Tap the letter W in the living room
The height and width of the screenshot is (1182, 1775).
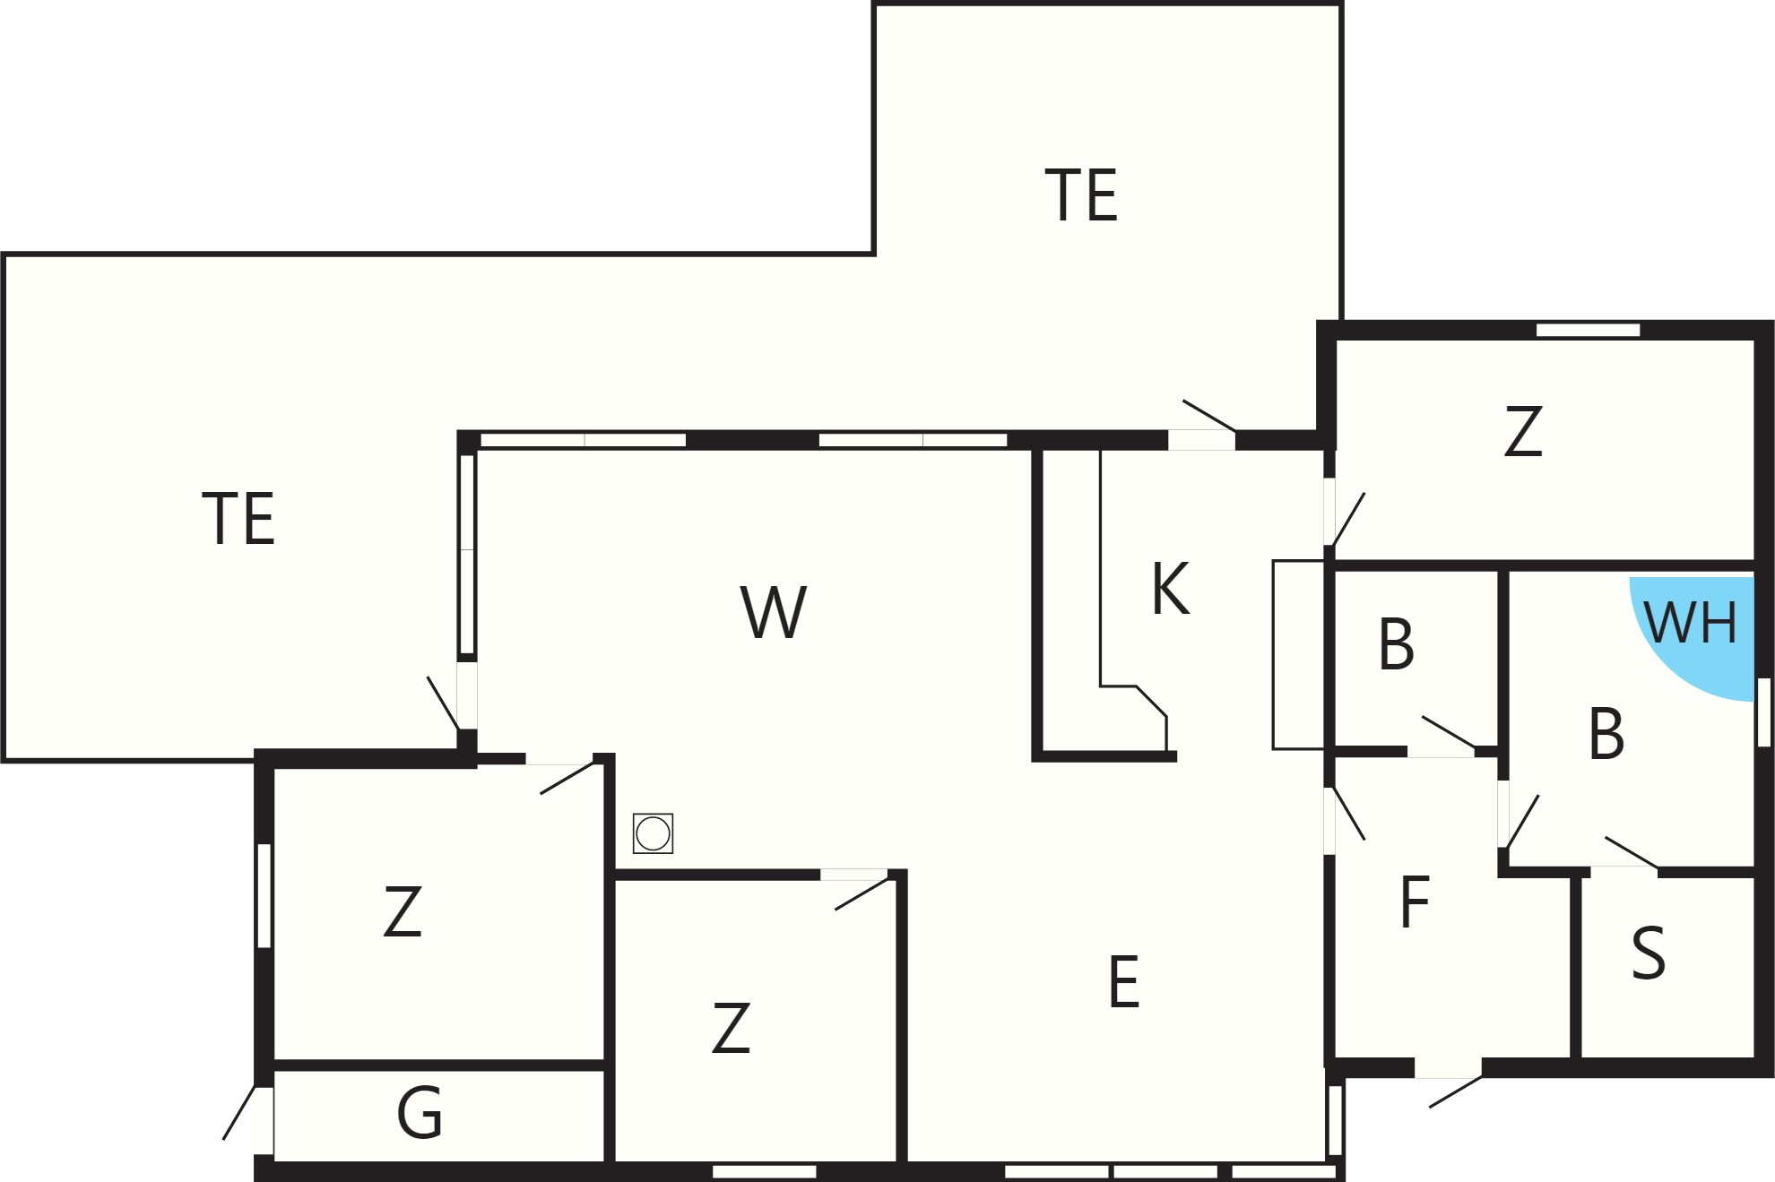774,612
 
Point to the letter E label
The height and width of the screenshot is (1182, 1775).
1124,981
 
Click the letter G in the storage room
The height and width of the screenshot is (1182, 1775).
420,1112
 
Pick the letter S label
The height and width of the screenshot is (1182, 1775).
1649,953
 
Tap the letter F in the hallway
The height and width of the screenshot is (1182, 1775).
1415,902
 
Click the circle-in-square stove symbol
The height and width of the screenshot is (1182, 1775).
653,833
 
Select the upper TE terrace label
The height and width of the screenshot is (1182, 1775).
1082,194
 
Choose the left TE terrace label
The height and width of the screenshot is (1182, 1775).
238,518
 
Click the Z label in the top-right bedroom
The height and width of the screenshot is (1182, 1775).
1523,431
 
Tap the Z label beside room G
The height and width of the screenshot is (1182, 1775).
403,911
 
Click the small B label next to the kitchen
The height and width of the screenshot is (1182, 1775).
1397,643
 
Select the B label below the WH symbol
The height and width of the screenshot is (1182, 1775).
1606,733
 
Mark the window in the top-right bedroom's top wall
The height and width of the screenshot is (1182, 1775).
1588,330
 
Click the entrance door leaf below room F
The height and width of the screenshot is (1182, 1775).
1456,1091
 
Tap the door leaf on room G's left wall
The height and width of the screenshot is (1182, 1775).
239,1112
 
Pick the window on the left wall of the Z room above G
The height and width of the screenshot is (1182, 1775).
264,895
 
